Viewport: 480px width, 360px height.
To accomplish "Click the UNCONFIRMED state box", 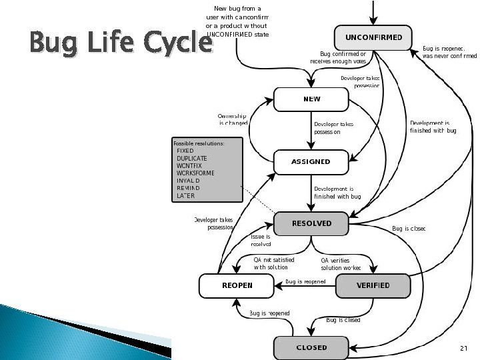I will (x=373, y=37).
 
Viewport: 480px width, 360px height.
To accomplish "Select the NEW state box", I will (x=311, y=99).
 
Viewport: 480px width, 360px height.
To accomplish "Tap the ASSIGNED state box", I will (x=311, y=161).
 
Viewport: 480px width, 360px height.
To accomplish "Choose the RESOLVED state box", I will (x=311, y=223).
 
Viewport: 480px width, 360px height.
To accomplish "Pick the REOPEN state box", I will (x=237, y=285).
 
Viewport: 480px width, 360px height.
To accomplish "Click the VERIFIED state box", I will (x=373, y=285).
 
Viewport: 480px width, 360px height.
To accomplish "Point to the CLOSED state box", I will (x=311, y=347).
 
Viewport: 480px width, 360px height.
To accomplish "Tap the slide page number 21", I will (x=465, y=349).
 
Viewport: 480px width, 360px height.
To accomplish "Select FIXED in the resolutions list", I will (x=185, y=151).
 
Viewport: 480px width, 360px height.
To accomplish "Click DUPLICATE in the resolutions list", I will (x=192, y=158).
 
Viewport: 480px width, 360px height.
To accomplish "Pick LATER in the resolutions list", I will (x=186, y=196).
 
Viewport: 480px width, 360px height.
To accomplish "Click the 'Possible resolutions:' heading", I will (x=199, y=143).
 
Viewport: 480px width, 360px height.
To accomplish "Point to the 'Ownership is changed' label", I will (x=233, y=120).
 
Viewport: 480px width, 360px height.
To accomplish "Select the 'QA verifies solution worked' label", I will (x=341, y=263).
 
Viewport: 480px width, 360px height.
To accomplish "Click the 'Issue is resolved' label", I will (x=261, y=240).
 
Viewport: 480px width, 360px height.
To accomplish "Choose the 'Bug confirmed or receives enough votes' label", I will (x=339, y=57).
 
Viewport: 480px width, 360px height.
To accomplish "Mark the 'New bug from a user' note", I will (x=237, y=21).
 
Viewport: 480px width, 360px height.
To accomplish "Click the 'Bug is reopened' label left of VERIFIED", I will (x=305, y=282).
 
